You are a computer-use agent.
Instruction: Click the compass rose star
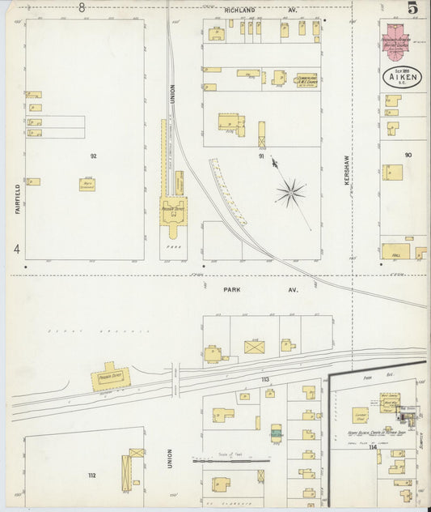(x=290, y=193)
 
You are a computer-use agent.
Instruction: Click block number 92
(x=94, y=155)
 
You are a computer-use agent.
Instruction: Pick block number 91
(x=261, y=156)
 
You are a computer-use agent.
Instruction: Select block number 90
(x=408, y=154)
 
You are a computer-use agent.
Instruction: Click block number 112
(x=92, y=476)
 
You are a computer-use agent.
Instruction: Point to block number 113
(x=264, y=379)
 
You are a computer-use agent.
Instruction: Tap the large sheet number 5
(x=412, y=9)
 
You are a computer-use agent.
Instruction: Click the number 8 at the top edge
(x=82, y=7)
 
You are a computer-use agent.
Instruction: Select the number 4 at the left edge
(x=16, y=250)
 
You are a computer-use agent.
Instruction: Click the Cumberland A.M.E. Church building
(x=305, y=80)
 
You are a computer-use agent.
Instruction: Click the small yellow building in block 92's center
(x=86, y=184)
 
